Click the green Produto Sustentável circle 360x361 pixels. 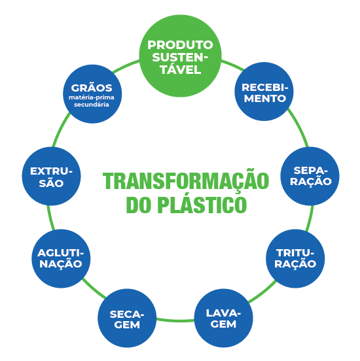tap(180, 56)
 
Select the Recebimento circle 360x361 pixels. tap(264, 92)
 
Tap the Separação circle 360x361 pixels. tap(310, 176)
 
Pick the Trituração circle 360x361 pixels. tap(295, 258)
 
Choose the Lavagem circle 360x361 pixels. tap(224, 318)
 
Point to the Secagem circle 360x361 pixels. tap(127, 318)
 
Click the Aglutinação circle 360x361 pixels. tap(61, 258)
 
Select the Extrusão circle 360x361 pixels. tap(52, 176)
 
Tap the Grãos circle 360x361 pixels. tap(92, 94)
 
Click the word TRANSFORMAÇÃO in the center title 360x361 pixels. tap(186, 181)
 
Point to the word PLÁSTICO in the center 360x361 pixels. tap(202, 205)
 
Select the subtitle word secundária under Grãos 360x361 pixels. tap(92, 105)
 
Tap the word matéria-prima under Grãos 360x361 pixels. tap(92, 97)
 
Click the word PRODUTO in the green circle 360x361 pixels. tap(180, 45)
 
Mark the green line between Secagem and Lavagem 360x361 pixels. tap(175, 320)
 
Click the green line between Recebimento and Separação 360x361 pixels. tap(299, 127)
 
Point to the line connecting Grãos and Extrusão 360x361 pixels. tap(60, 129)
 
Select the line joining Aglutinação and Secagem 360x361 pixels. tap(94, 288)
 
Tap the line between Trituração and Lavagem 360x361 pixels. tap(262, 292)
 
